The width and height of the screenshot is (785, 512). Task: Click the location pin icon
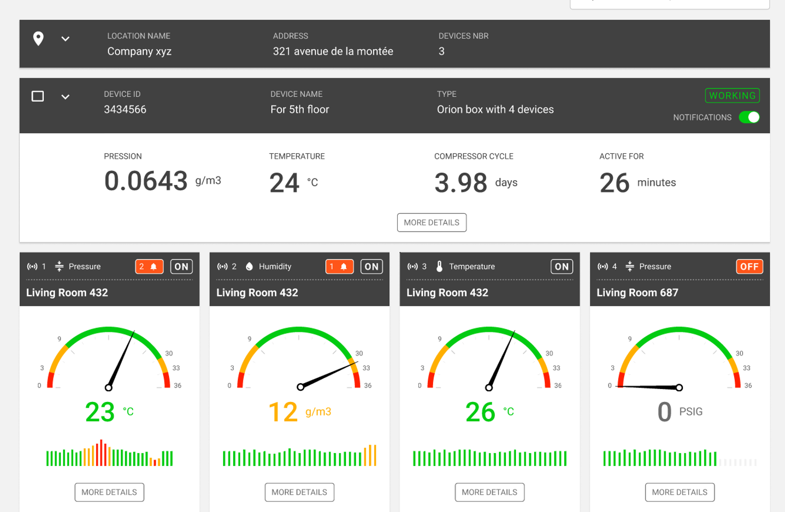coord(39,38)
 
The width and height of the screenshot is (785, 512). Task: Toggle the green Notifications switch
coord(749,117)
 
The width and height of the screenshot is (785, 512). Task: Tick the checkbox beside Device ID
coord(37,96)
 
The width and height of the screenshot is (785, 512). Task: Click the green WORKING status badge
coord(732,96)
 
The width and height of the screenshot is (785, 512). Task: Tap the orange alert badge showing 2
coord(149,267)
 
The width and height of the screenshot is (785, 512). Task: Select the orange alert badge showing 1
coord(339,267)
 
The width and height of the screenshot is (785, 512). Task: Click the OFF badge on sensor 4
coord(749,267)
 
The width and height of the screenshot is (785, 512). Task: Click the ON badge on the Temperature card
coord(561,267)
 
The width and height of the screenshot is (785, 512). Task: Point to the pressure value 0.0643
coord(146,181)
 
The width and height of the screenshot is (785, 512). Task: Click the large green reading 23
coord(100,412)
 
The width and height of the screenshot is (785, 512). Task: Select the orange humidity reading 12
coord(283,412)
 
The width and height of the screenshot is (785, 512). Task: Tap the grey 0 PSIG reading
coord(664,412)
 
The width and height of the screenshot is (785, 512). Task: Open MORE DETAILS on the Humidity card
coord(299,492)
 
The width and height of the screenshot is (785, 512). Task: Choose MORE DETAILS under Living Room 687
coord(680,492)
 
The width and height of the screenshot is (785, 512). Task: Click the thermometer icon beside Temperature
coord(440,267)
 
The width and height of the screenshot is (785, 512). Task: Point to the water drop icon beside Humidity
coord(249,267)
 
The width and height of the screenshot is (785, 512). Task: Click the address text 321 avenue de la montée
coord(333,51)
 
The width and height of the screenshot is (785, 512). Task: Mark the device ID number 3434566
coord(125,110)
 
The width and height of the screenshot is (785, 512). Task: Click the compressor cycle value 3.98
coord(460,183)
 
